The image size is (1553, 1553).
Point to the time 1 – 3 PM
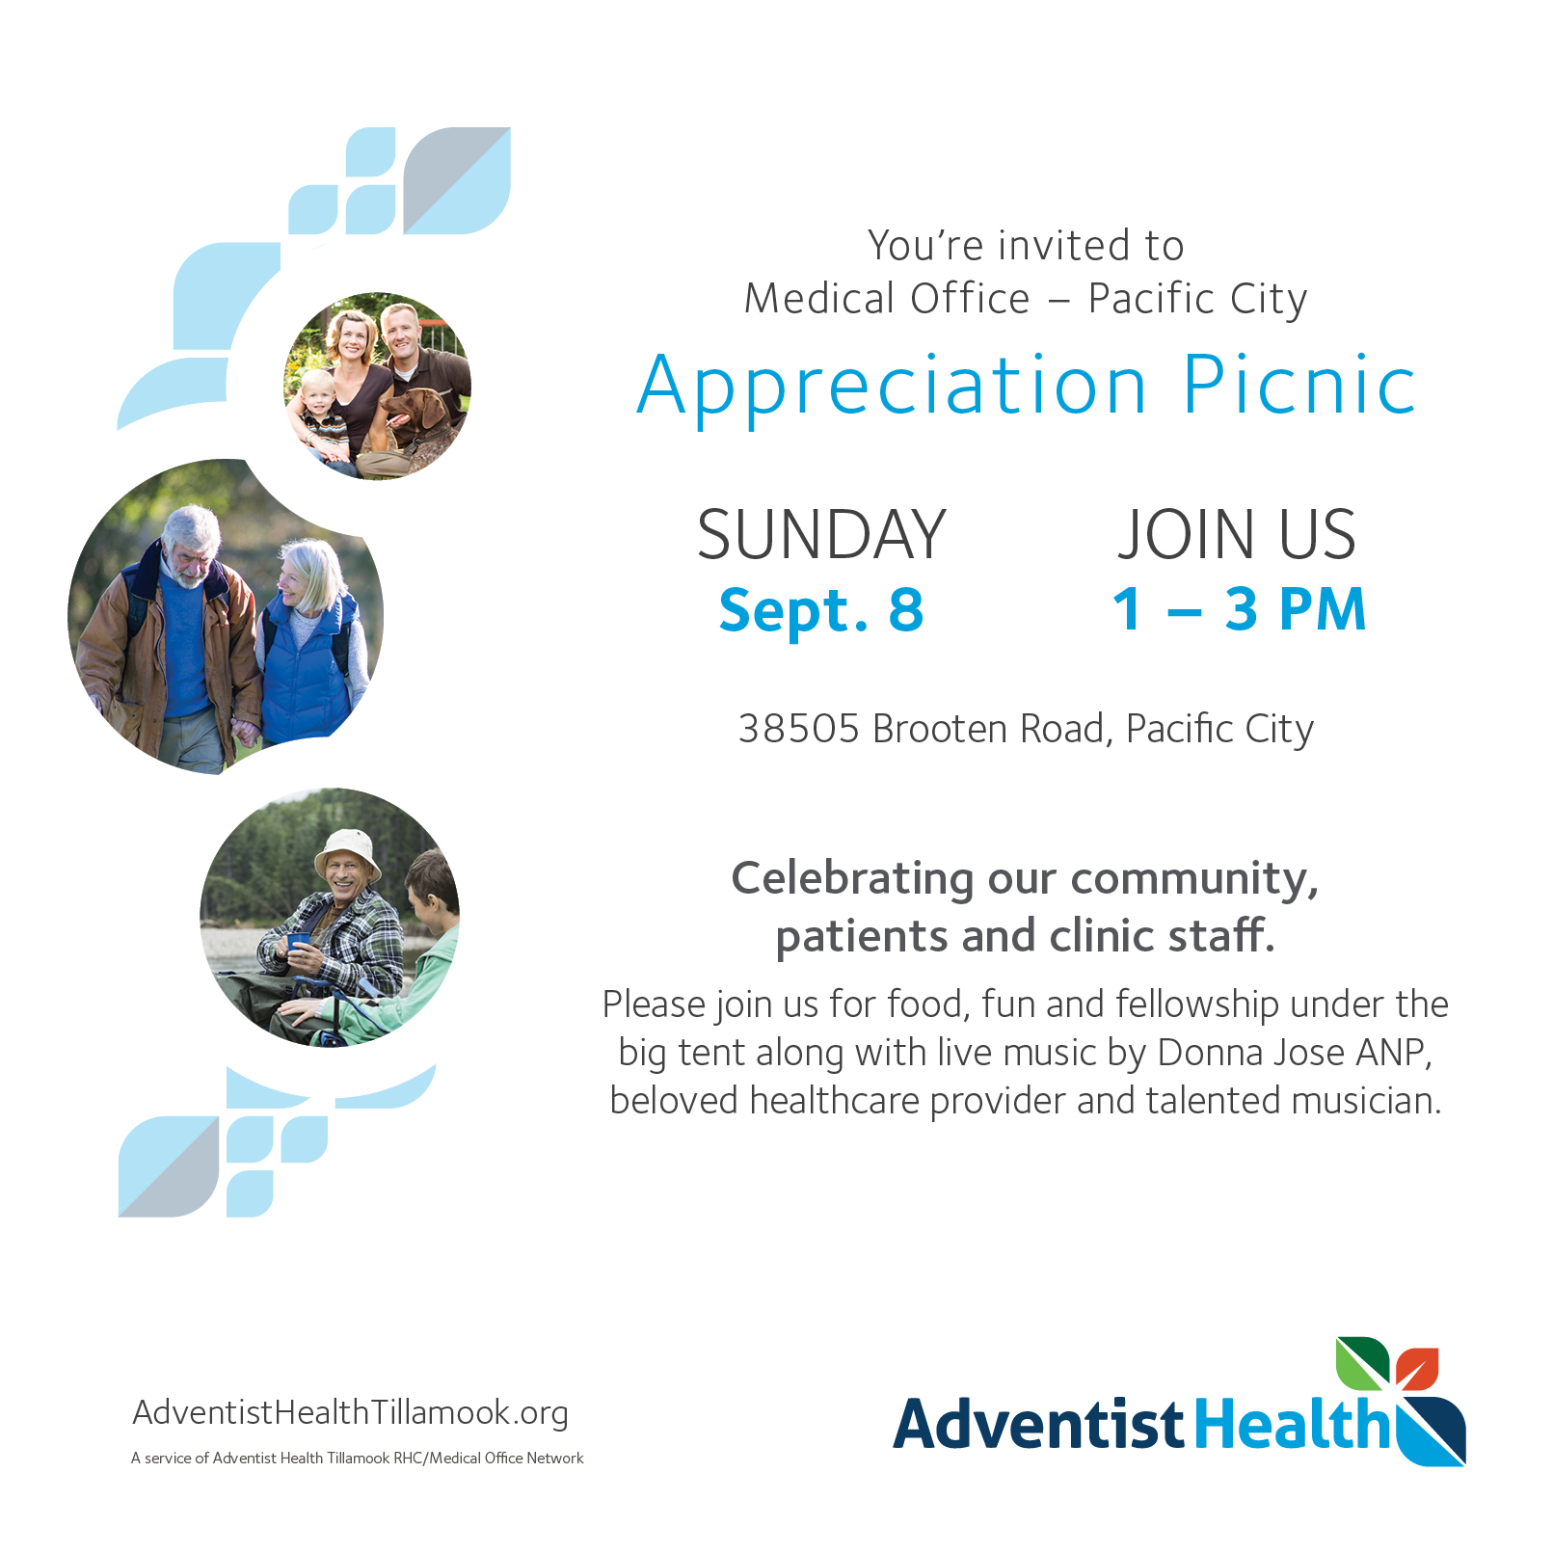coord(1239,609)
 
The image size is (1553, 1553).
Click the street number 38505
coord(798,729)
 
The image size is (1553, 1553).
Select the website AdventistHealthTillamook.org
coord(350,1413)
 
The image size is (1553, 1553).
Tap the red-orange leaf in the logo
coord(1417,1367)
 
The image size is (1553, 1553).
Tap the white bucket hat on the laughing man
coord(348,848)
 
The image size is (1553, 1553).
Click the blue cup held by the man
coord(299,942)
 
